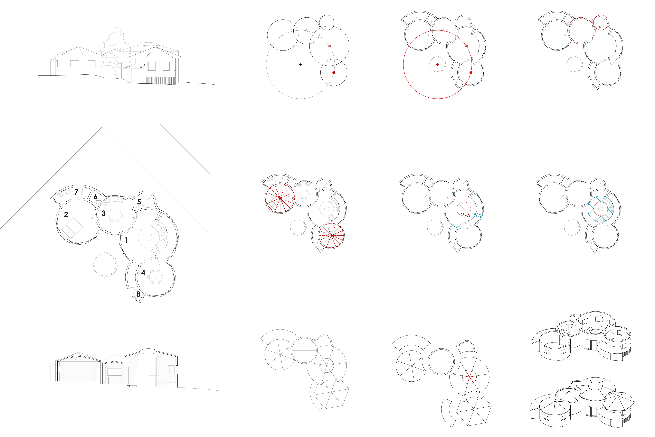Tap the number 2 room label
(x=66, y=214)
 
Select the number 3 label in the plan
(x=104, y=213)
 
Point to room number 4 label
(x=143, y=273)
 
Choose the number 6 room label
(x=96, y=197)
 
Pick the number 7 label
(x=76, y=192)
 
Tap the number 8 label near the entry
(x=138, y=294)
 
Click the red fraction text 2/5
(x=465, y=215)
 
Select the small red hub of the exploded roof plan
(x=469, y=377)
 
